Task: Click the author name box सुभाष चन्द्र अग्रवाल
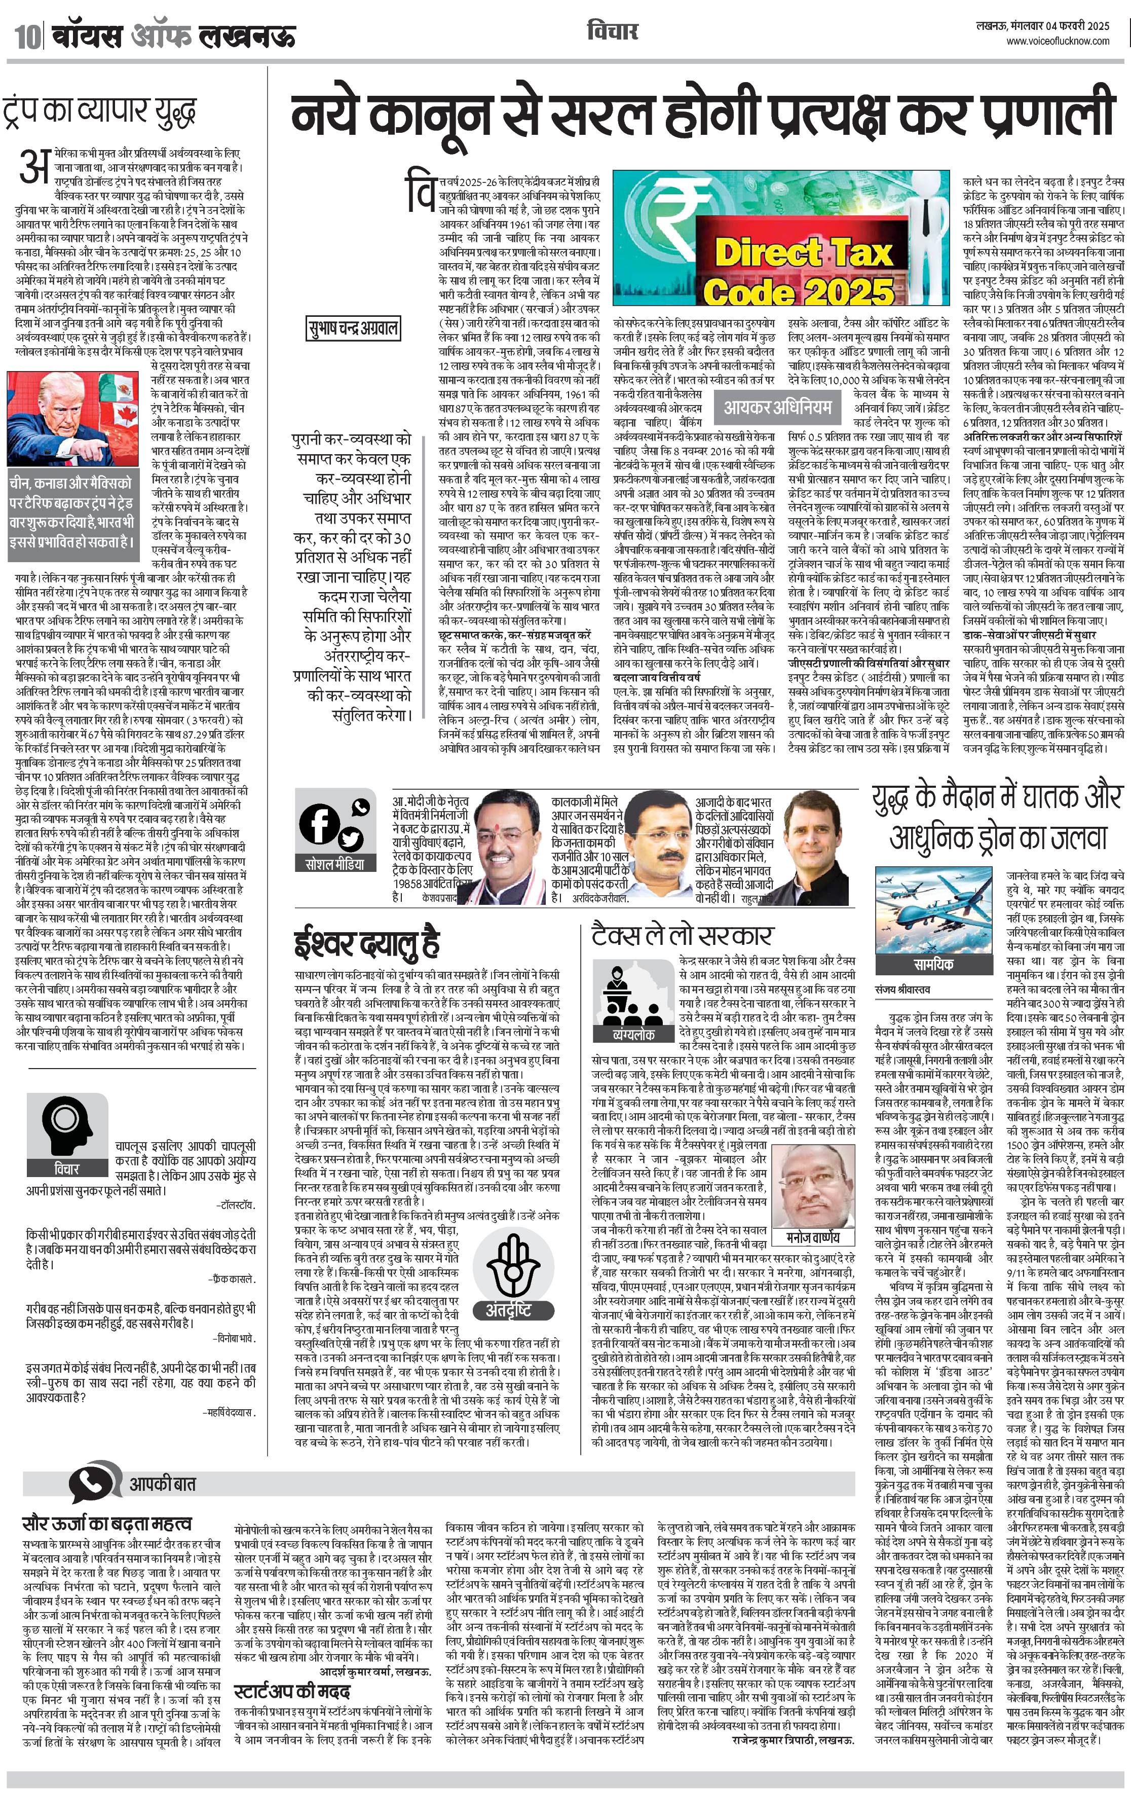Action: click(354, 328)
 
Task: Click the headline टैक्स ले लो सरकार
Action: click(683, 934)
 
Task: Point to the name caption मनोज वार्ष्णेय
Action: click(813, 1237)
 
